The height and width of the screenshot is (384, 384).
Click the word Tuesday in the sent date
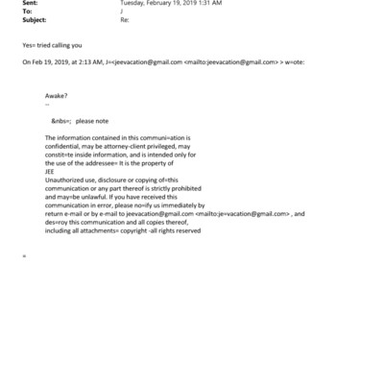click(133, 4)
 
